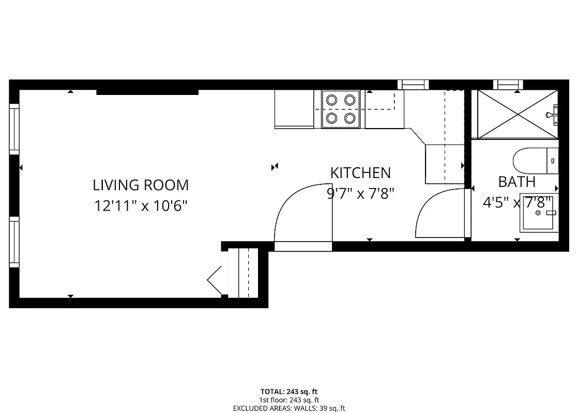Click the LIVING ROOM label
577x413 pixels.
141,185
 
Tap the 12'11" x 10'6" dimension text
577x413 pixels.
141,206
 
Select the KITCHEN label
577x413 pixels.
360,173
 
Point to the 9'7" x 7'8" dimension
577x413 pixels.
360,194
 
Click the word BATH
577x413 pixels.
517,182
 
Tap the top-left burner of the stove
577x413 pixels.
331,99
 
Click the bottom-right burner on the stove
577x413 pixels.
350,119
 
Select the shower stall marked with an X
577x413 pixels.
517,114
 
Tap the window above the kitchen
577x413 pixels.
413,85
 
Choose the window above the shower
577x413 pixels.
507,85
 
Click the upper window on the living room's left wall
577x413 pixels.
14,129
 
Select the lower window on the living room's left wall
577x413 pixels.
14,242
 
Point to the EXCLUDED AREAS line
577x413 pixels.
288,408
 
